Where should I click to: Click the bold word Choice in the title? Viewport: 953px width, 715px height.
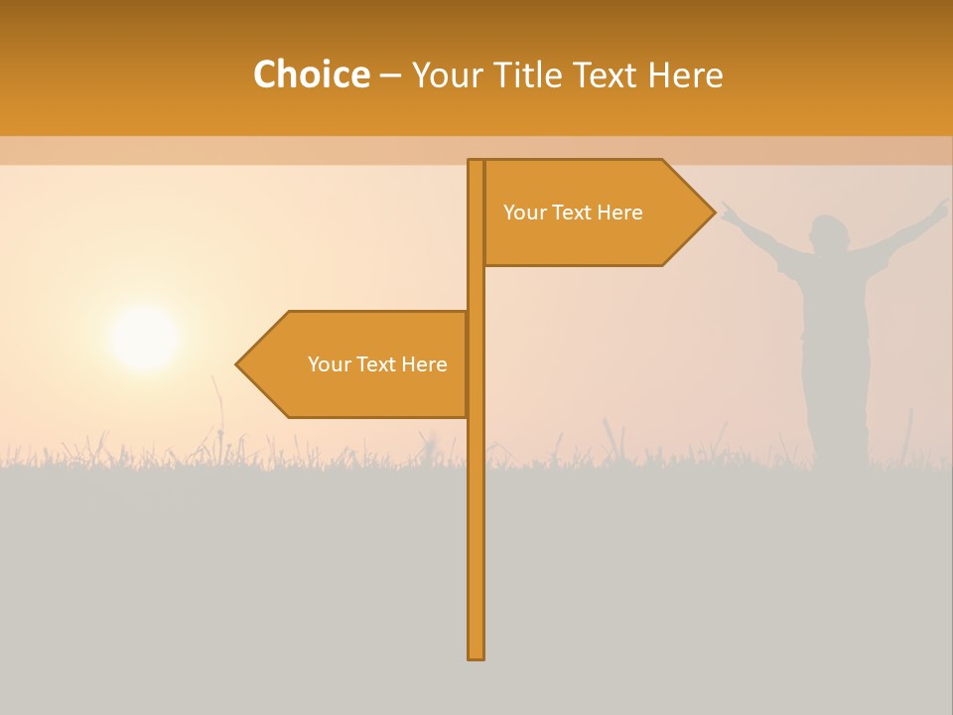pyautogui.click(x=311, y=75)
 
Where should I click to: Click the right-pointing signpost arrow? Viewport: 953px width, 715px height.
pyautogui.click(x=596, y=213)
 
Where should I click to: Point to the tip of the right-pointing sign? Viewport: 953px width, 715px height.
pyautogui.click(x=713, y=212)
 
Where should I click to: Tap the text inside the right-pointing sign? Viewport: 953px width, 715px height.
pyautogui.click(x=573, y=213)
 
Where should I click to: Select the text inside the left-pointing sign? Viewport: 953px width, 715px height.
pyautogui.click(x=377, y=364)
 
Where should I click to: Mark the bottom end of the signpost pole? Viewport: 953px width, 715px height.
pyautogui.click(x=476, y=655)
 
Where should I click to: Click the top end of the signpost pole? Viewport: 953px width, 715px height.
pyautogui.click(x=476, y=163)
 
